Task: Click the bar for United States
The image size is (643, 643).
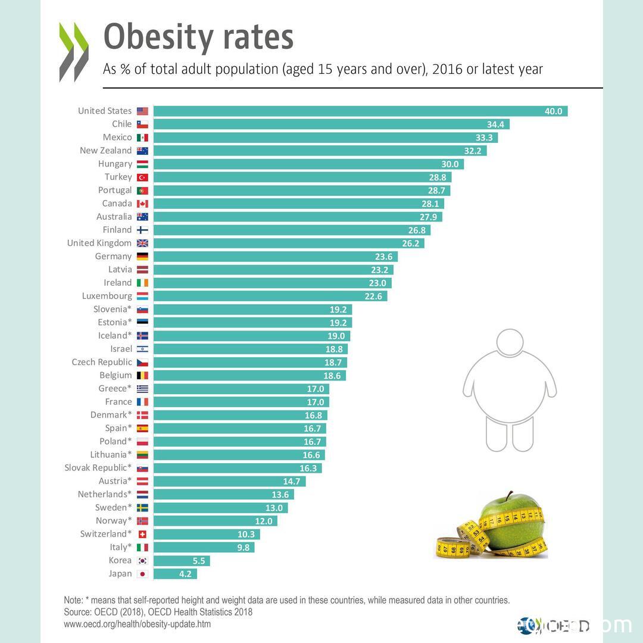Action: tap(360, 111)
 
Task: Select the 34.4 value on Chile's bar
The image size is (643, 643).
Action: tap(495, 124)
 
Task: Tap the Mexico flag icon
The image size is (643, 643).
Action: tap(142, 138)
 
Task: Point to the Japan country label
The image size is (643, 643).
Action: tap(120, 574)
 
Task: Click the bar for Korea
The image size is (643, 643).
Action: tap(182, 561)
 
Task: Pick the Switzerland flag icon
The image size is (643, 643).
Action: tap(142, 534)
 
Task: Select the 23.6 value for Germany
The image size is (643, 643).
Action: tap(383, 257)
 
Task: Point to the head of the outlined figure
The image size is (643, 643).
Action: tap(510, 345)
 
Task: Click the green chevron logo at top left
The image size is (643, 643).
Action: tap(74, 52)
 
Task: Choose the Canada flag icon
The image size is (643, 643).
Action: tap(142, 204)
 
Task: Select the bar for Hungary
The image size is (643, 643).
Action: tap(308, 164)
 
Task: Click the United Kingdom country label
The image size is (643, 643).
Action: tap(99, 243)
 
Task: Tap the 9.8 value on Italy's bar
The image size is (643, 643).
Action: tap(243, 548)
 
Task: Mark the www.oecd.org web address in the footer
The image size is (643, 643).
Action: tap(137, 624)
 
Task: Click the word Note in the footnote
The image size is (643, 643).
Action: tap(73, 600)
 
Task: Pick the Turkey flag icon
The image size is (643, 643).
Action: tap(142, 177)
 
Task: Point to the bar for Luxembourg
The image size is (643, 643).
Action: tap(270, 296)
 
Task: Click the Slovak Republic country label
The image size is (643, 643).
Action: tap(98, 468)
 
